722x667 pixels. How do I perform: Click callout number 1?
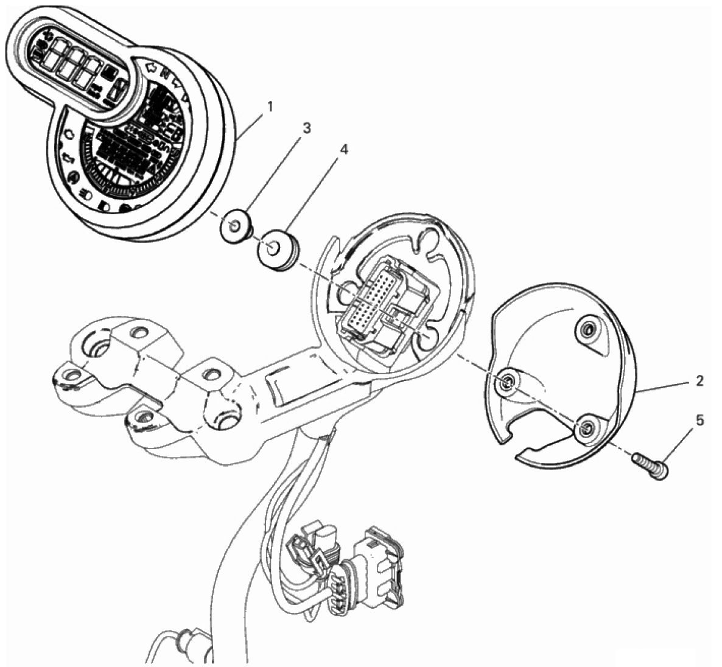270,107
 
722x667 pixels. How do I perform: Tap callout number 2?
699,381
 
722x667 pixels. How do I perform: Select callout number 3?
306,128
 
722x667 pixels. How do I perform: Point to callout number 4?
344,150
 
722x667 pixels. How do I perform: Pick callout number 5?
700,420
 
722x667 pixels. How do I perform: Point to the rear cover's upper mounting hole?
587,329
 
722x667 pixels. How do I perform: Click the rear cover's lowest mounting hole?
585,430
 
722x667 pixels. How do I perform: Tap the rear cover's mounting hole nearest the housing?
506,380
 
